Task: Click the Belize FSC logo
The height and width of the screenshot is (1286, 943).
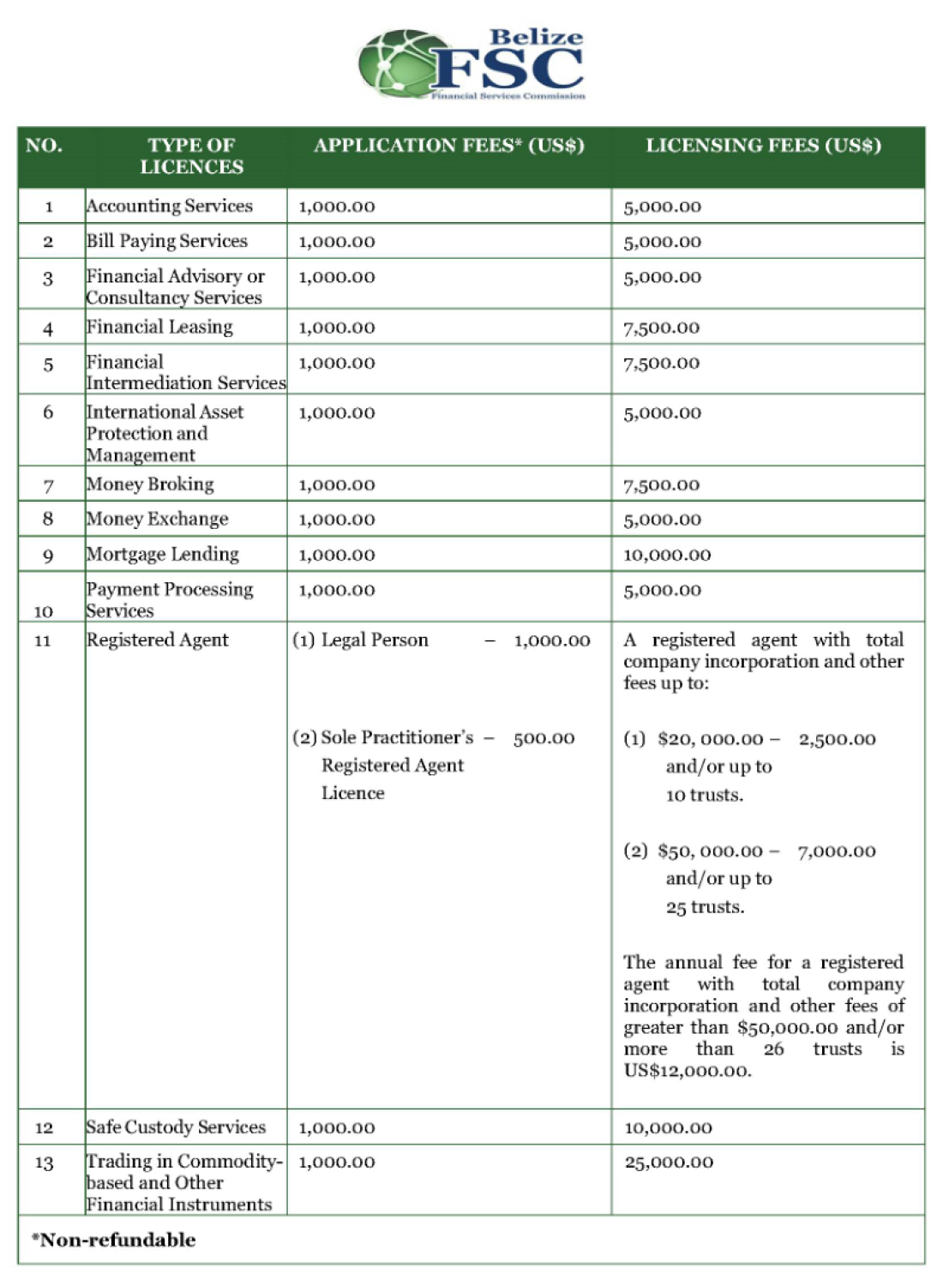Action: [x=471, y=63]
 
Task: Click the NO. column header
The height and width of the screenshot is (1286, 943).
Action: [x=44, y=146]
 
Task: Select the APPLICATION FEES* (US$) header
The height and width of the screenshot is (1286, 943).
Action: [x=448, y=146]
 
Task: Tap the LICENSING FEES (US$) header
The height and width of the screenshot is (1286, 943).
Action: [x=763, y=146]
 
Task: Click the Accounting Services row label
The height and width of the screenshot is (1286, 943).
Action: [x=170, y=207]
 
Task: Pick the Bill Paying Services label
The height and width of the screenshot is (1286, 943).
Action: [x=167, y=242]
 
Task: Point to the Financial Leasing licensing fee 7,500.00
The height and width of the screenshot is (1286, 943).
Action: [x=661, y=328]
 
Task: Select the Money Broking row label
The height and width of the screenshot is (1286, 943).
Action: [x=150, y=484]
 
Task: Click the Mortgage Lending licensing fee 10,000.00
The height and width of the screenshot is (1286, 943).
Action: [x=667, y=555]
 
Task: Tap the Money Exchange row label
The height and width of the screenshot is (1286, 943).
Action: [x=158, y=520]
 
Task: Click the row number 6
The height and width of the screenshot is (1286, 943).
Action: [x=48, y=412]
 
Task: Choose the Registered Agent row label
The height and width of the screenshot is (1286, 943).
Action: [x=158, y=640]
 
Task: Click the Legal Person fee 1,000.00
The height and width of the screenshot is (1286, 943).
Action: [x=552, y=640]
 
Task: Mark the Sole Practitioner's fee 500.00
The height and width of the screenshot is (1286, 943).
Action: [x=544, y=738]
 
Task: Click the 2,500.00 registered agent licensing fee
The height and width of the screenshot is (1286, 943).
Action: [x=837, y=739]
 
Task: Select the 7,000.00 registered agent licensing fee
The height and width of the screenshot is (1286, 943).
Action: [x=837, y=851]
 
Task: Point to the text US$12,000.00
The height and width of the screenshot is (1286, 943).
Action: [x=687, y=1071]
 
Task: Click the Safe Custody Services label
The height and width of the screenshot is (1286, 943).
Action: [x=176, y=1127]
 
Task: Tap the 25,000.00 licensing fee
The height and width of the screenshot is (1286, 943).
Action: [x=669, y=1163]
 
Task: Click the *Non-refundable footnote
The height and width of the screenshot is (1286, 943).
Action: [x=114, y=1241]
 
